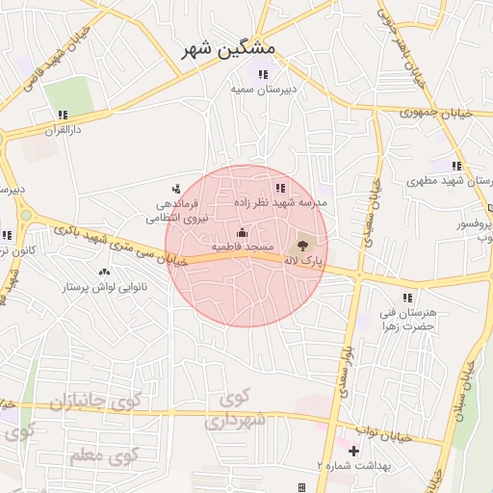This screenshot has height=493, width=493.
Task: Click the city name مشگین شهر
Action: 228,49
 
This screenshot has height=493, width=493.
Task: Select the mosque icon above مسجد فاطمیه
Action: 241,232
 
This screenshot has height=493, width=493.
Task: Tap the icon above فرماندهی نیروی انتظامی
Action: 175,189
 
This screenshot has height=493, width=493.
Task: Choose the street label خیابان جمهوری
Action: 439,113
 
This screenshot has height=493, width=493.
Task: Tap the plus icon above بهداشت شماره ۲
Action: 353,450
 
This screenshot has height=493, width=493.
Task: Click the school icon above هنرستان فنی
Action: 407,298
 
